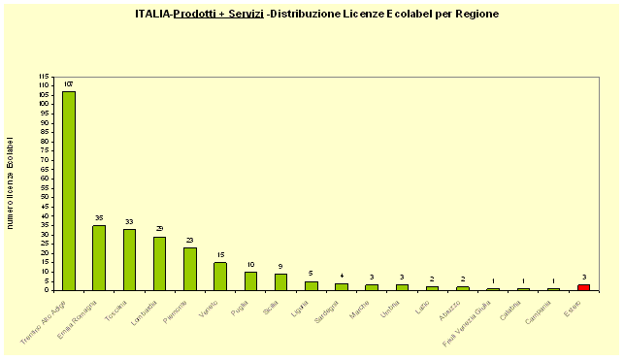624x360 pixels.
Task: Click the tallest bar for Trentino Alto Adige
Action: [x=68, y=190]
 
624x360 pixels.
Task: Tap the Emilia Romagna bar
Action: [x=99, y=258]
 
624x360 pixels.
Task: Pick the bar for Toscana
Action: [x=129, y=260]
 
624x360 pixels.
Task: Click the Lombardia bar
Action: [x=159, y=263]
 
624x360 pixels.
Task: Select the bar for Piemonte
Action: [x=189, y=269]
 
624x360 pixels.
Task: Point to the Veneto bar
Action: [x=220, y=277]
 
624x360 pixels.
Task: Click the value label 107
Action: [x=68, y=84]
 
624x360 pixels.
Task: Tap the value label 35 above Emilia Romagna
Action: [x=99, y=218]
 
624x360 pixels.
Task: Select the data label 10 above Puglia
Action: [x=250, y=265]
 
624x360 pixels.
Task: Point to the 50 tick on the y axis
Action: [x=45, y=197]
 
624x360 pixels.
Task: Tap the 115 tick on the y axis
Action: [x=44, y=76]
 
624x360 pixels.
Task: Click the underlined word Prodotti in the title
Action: [x=200, y=15]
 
